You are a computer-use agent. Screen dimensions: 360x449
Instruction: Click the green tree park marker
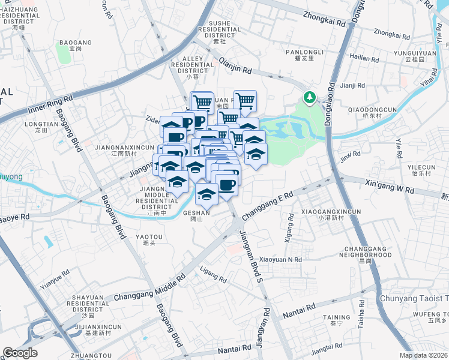(310, 97)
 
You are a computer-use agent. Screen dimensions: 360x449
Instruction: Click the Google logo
(20, 353)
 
